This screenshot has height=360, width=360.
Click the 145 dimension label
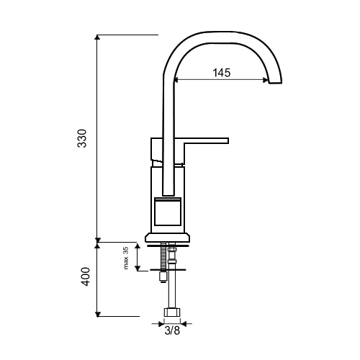222,73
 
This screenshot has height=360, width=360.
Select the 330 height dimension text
82,138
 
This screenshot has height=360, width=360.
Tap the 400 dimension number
85,276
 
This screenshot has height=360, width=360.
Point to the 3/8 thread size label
172,331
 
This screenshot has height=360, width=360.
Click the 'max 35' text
126,258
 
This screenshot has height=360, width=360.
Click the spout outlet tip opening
275,82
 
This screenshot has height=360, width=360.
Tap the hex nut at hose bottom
172,312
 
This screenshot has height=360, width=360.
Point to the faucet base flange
167,237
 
